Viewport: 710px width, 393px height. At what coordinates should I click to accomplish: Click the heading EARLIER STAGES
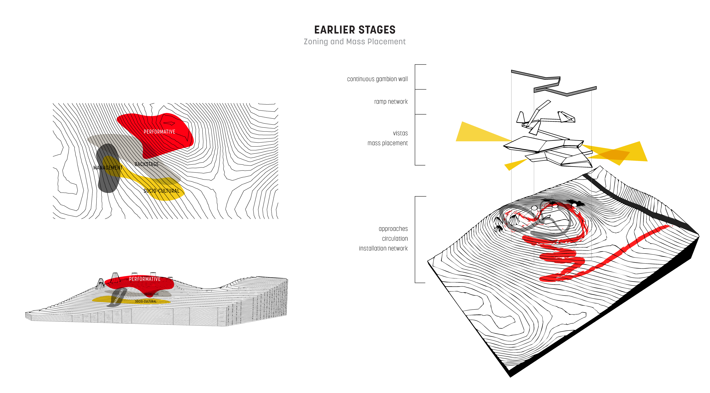pos(355,30)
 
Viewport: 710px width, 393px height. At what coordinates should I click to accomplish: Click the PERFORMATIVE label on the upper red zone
pos(159,132)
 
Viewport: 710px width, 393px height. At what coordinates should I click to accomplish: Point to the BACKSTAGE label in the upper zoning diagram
pos(146,164)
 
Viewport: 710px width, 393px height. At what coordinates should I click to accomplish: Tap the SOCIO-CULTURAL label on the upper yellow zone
pos(163,191)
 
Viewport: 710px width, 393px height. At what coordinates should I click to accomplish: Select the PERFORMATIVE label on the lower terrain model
pos(145,279)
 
